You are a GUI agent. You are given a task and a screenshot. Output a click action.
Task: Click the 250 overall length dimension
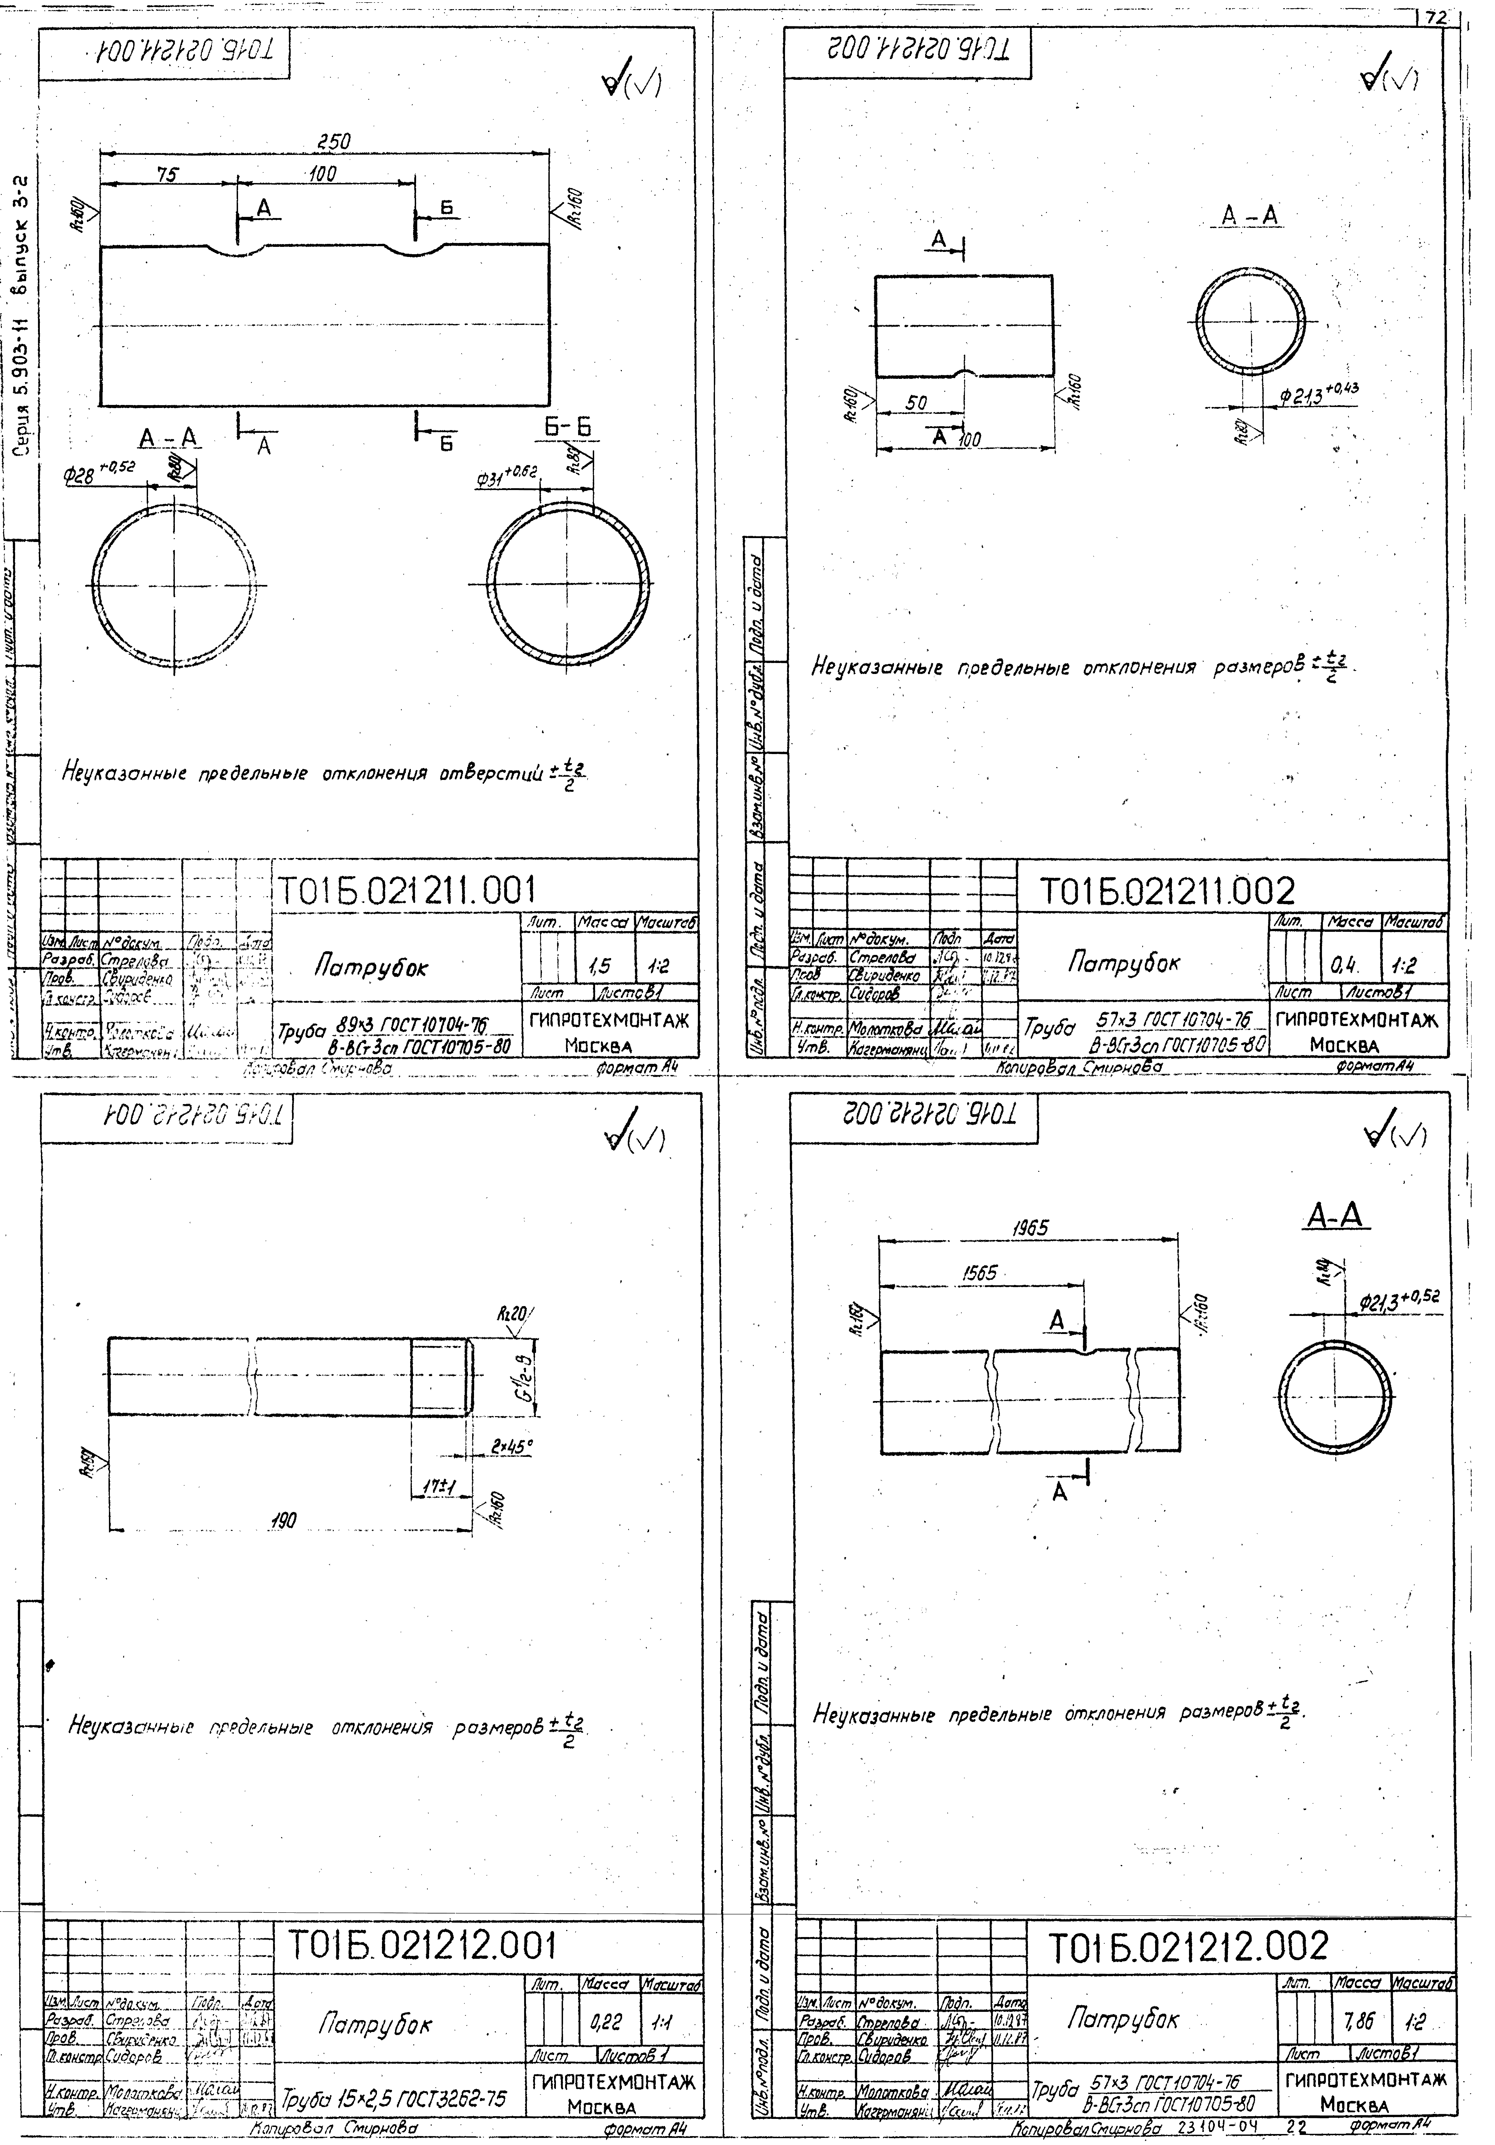333,142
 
